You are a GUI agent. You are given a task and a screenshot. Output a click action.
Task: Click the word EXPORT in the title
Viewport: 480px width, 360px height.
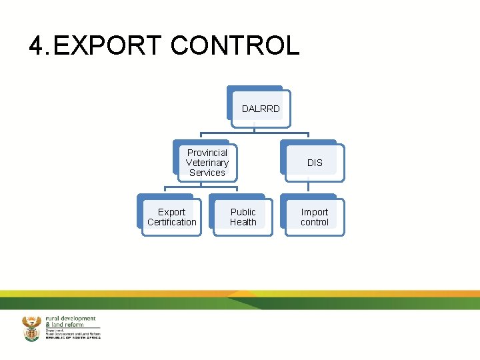(x=107, y=46)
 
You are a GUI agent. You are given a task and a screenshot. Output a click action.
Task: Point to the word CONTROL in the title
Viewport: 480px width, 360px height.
(x=235, y=46)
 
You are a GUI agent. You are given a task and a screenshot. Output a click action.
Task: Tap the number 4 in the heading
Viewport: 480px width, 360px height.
(x=37, y=46)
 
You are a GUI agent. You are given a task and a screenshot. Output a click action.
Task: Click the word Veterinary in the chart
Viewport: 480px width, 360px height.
(x=207, y=163)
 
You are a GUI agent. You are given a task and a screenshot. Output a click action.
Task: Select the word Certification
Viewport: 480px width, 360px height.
(x=172, y=222)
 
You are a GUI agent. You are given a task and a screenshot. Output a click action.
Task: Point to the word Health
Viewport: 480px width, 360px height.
(x=243, y=222)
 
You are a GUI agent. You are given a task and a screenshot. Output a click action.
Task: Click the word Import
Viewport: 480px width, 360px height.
(x=315, y=212)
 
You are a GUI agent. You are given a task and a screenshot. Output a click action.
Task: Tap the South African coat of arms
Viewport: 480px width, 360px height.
(x=31, y=329)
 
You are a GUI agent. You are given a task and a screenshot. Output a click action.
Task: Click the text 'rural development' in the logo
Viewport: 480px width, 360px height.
(x=71, y=319)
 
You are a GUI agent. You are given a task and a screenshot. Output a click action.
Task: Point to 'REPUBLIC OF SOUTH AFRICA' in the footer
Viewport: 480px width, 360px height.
(x=73, y=338)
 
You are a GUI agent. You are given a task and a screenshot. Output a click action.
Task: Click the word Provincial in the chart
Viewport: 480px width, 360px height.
(x=207, y=153)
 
